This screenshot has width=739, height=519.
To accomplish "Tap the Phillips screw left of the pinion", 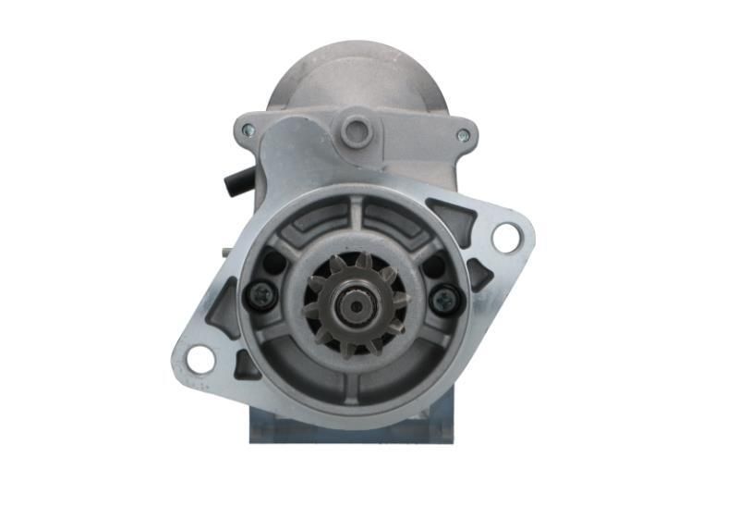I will click(x=260, y=295).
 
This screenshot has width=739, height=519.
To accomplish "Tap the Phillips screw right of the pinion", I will click(x=447, y=298).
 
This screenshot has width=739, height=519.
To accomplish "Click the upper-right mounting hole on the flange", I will click(x=506, y=238).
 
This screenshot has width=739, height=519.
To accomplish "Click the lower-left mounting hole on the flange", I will click(x=200, y=358).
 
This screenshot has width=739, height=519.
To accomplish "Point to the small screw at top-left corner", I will click(x=248, y=130).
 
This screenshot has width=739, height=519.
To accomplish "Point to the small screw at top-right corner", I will click(x=463, y=135).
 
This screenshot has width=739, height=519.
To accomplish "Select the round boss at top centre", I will click(x=356, y=130).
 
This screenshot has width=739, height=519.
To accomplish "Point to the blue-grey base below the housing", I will click(x=351, y=427).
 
